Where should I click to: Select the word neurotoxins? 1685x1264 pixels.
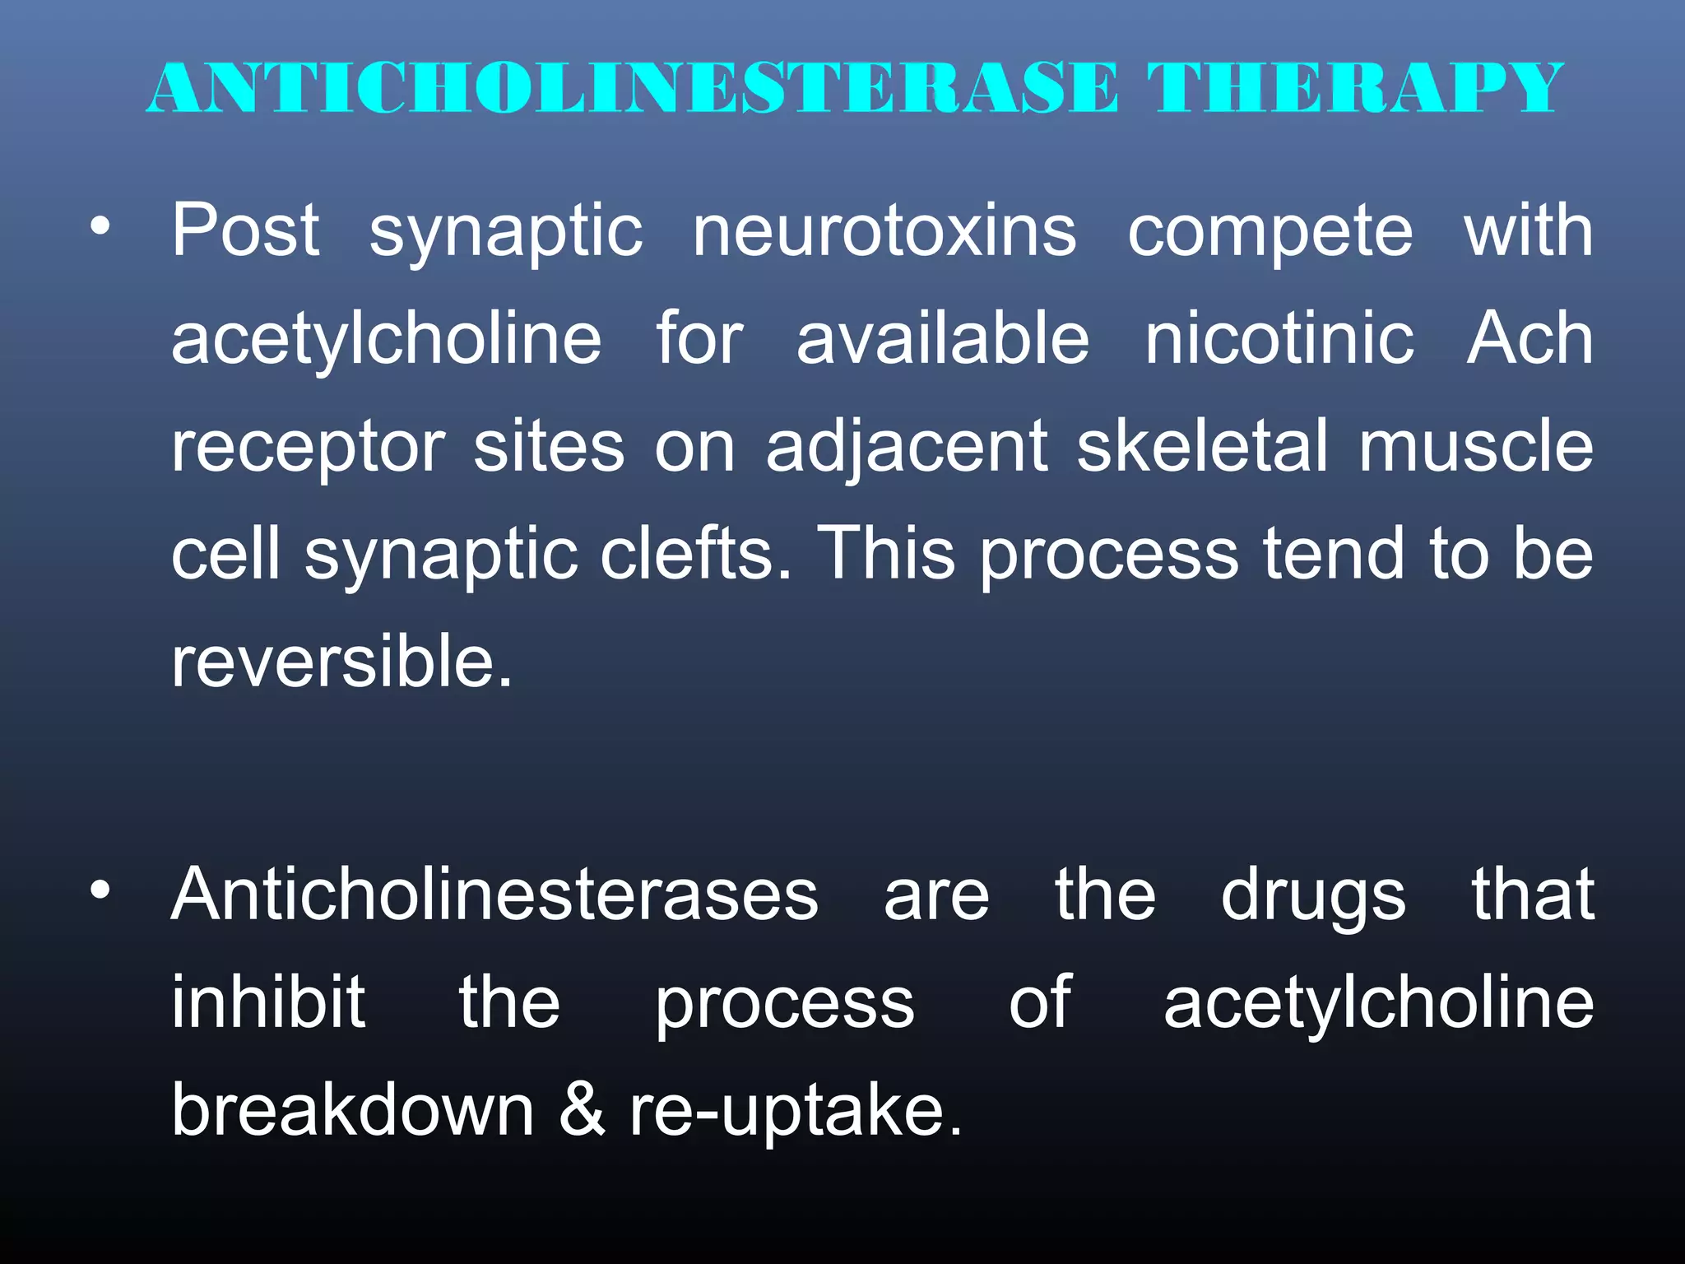(884, 231)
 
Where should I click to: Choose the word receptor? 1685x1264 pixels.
(309, 449)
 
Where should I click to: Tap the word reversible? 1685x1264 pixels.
(342, 662)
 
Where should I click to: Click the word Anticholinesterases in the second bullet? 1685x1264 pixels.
(494, 895)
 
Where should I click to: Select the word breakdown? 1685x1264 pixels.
(353, 1110)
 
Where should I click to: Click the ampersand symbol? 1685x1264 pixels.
(583, 1110)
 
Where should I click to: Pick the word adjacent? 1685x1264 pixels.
(907, 449)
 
